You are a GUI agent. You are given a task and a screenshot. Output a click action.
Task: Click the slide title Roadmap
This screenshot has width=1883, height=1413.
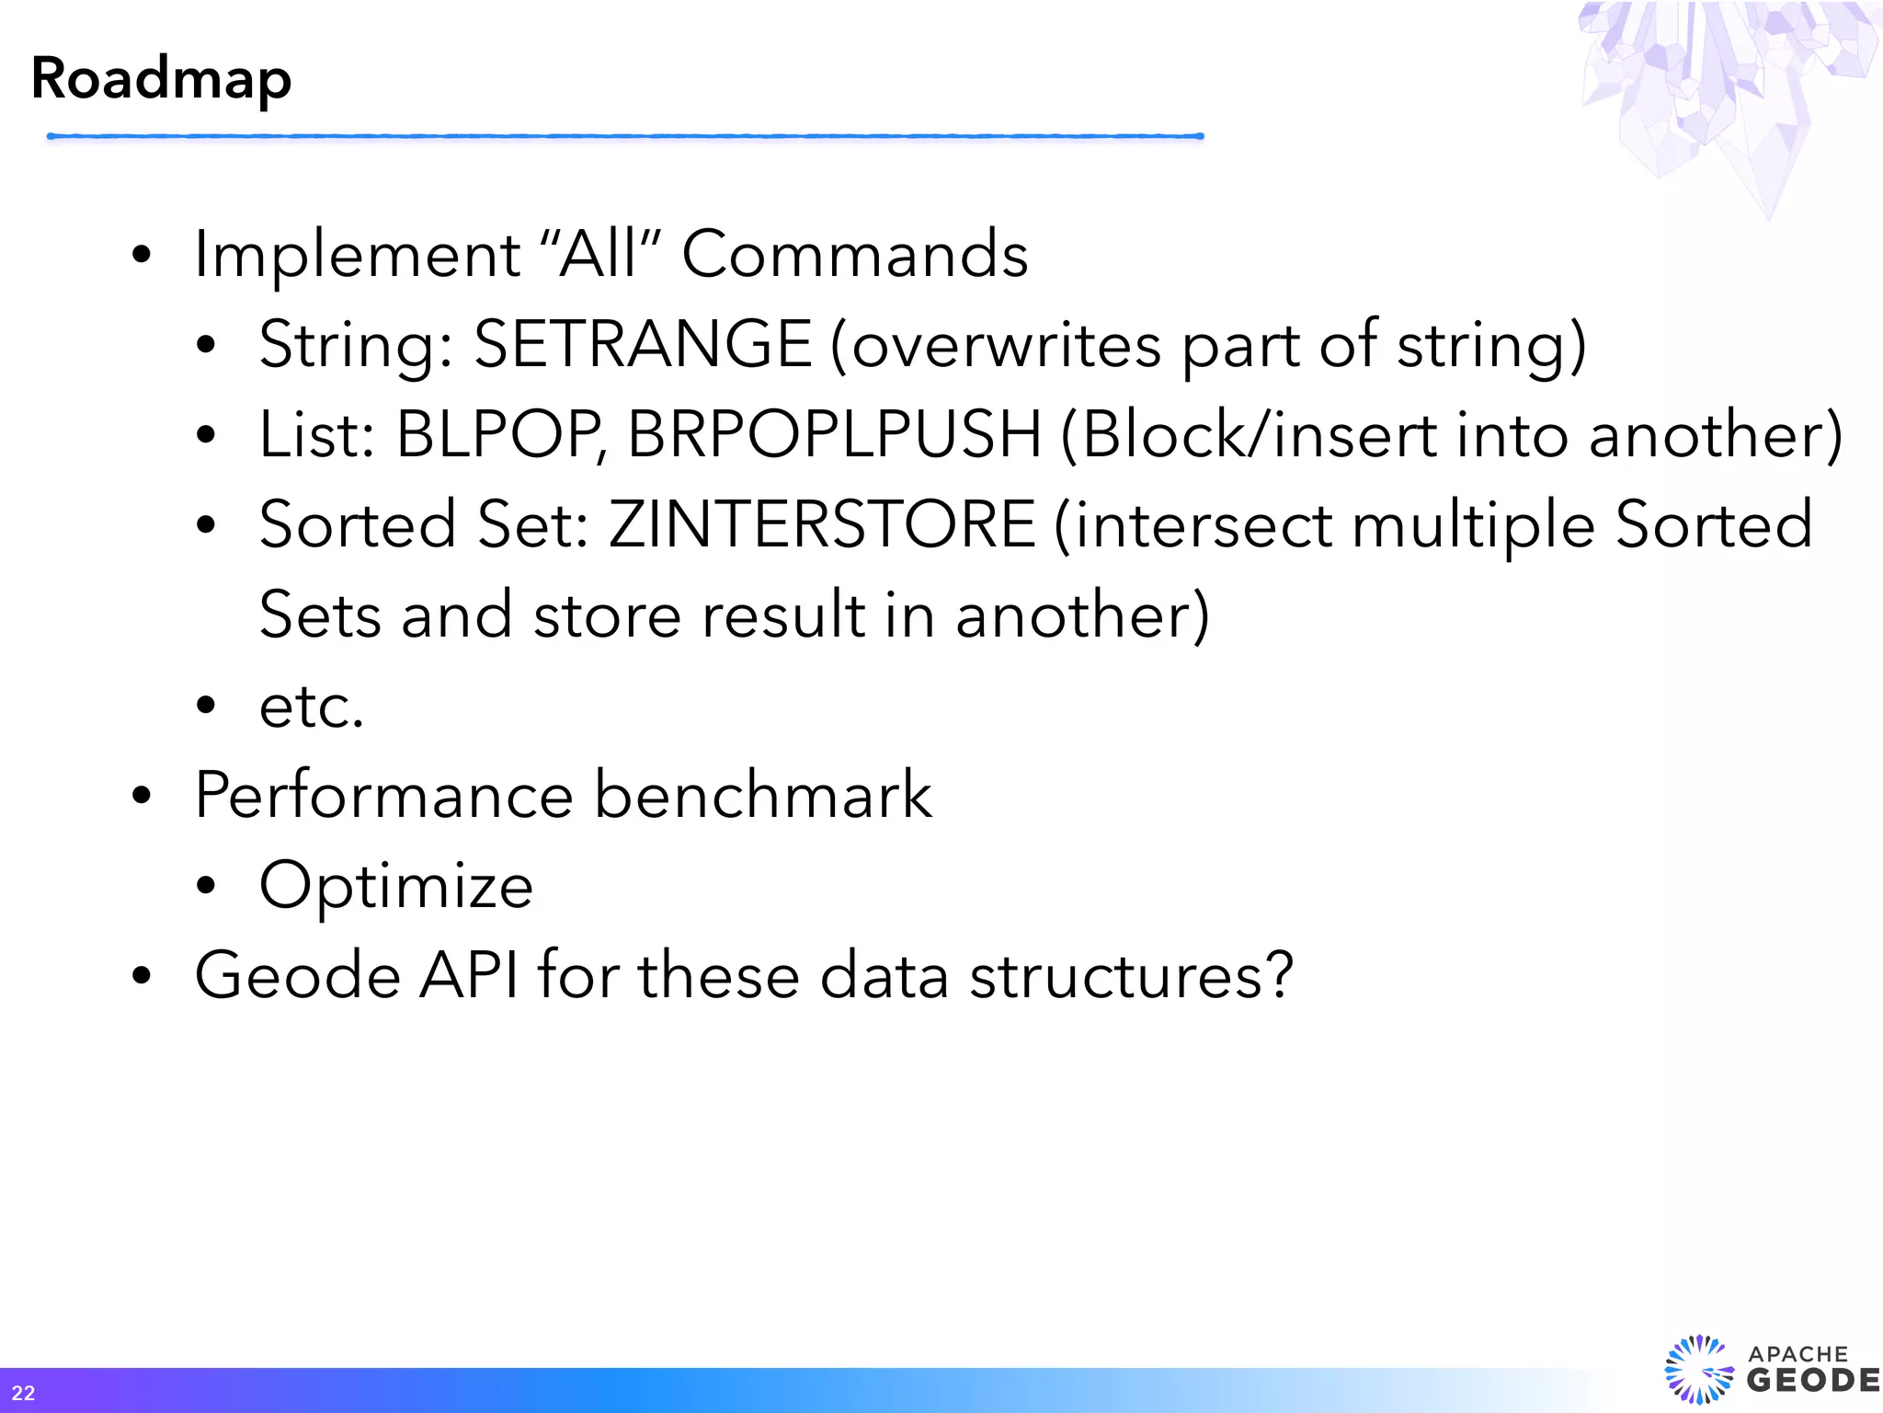pos(161,79)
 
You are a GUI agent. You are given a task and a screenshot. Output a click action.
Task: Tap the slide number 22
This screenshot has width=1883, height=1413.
pos(23,1393)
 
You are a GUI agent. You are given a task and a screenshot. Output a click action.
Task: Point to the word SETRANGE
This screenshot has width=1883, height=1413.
pos(643,344)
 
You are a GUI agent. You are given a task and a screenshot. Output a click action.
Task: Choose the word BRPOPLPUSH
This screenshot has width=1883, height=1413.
pos(834,434)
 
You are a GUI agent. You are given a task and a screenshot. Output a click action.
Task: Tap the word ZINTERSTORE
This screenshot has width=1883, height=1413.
pos(822,524)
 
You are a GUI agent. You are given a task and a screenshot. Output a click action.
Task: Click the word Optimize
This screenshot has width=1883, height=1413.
pos(395,886)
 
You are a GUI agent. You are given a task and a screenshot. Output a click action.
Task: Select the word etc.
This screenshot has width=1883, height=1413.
pos(312,706)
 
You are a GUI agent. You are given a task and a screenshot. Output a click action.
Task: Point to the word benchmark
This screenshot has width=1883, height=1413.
pos(763,795)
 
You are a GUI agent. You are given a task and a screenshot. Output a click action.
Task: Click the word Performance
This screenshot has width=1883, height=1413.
pos(384,795)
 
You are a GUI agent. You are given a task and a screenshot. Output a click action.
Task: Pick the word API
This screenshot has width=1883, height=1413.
pos(469,975)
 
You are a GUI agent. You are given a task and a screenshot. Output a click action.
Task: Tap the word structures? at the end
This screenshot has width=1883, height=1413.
pos(1132,975)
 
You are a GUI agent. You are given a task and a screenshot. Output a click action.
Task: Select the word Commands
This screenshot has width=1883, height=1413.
pos(855,254)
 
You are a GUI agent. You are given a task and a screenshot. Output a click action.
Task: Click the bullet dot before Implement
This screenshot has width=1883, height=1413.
pos(141,255)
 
